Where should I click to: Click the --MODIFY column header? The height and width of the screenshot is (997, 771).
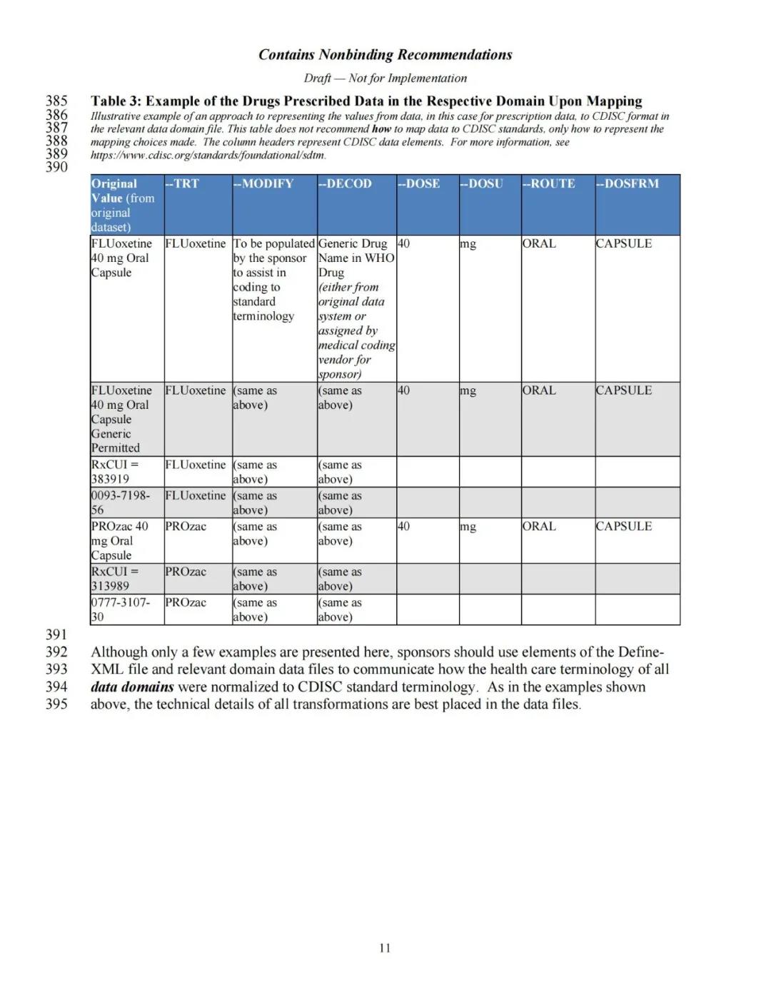[263, 183]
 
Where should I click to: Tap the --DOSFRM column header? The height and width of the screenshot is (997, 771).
[628, 183]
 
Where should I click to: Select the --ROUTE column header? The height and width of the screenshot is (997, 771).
[548, 183]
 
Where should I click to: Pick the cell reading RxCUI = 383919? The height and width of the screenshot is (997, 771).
[115, 472]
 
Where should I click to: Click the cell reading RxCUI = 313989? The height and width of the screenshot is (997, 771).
[115, 579]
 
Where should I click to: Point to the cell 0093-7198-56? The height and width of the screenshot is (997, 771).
[120, 502]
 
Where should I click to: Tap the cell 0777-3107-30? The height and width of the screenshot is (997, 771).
[120, 609]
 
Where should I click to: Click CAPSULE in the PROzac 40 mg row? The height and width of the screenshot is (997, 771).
[623, 526]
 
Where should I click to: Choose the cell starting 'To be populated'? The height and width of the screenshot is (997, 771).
[273, 280]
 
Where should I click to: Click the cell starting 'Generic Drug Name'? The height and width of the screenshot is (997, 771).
[356, 308]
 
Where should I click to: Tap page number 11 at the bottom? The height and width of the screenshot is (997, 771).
[385, 948]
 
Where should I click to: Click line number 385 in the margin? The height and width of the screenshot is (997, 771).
[56, 101]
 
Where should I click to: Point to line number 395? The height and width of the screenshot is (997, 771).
[56, 704]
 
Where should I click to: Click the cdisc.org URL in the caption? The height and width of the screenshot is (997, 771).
[208, 155]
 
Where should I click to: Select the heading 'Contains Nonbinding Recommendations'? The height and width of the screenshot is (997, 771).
[385, 55]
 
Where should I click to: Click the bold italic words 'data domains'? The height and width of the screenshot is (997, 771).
[132, 687]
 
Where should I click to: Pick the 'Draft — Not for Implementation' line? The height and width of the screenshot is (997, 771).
[385, 79]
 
